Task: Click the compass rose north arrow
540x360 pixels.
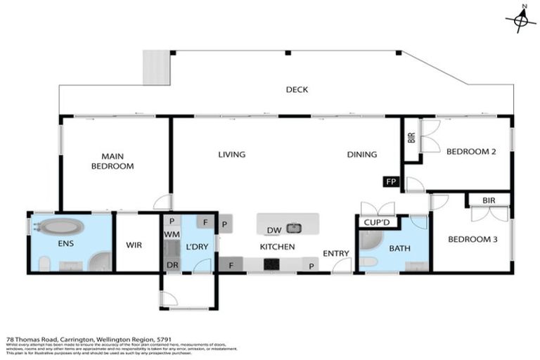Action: [x=521, y=19]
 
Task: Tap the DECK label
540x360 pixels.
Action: [x=297, y=90]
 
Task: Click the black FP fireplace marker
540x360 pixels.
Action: [x=391, y=182]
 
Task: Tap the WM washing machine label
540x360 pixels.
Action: [x=172, y=233]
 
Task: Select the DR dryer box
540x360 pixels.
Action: [x=172, y=264]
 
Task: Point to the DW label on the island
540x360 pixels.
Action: [x=275, y=229]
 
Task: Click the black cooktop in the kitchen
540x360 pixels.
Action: [x=271, y=264]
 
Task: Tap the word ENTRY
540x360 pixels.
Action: [x=336, y=252]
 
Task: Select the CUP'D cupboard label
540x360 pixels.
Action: [x=371, y=224]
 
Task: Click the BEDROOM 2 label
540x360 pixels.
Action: [x=472, y=151]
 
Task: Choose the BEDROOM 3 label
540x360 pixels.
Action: [x=472, y=240]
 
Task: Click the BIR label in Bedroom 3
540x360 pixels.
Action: [x=489, y=200]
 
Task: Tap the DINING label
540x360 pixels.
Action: [x=361, y=155]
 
